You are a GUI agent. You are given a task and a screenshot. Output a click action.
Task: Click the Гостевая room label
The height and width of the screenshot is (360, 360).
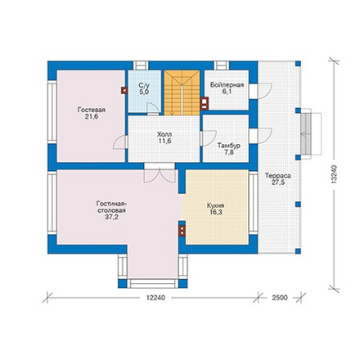point(92,110)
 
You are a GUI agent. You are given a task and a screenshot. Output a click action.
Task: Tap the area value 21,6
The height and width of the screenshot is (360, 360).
point(92,117)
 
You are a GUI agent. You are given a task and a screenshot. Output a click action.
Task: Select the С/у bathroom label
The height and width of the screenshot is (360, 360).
point(144,85)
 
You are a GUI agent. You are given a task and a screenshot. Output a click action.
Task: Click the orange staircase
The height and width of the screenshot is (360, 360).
point(182,92)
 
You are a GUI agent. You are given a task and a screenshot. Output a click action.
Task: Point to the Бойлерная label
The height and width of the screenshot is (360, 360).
point(227,85)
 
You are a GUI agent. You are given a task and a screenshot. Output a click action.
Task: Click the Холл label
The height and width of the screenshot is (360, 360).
point(164,134)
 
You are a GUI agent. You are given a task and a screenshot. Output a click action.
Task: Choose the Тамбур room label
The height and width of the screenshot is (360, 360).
point(229,146)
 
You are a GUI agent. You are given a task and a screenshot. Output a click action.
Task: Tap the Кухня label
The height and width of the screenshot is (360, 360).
point(215,205)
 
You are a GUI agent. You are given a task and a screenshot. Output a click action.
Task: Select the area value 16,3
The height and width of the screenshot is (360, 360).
point(216,212)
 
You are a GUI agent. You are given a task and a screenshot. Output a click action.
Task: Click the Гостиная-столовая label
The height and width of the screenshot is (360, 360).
point(112,207)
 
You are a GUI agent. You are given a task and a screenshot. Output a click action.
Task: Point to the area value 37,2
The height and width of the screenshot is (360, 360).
point(112,218)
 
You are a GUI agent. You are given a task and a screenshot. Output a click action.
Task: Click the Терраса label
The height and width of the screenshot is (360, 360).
point(278,176)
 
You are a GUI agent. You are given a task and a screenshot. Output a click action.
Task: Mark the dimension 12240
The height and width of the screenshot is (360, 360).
point(155,298)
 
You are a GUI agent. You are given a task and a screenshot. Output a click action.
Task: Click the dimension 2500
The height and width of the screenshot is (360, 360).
point(280,298)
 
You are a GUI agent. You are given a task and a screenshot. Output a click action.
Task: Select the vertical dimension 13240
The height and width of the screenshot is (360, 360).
point(335,174)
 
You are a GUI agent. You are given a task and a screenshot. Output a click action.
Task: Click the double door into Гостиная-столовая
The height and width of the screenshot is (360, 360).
point(160,176)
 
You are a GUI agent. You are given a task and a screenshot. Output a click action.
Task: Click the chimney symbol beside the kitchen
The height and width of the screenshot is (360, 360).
point(182,231)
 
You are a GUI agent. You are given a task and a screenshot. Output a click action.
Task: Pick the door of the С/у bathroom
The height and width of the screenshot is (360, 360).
point(153,108)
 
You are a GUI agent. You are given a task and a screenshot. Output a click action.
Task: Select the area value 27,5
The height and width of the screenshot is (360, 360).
point(278,182)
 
